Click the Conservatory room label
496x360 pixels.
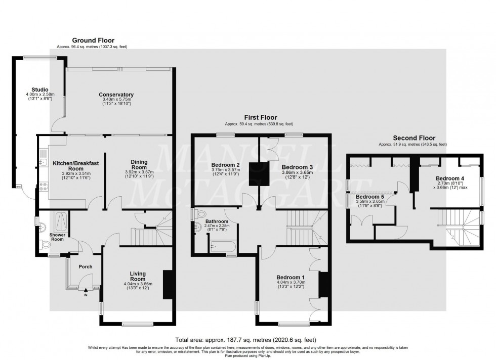[x=116, y=95]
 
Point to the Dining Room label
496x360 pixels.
[x=139, y=165]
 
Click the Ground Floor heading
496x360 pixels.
[x=93, y=40]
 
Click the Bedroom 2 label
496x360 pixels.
[x=225, y=165]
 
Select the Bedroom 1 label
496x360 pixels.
[x=291, y=277]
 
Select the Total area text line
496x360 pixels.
[x=247, y=340]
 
